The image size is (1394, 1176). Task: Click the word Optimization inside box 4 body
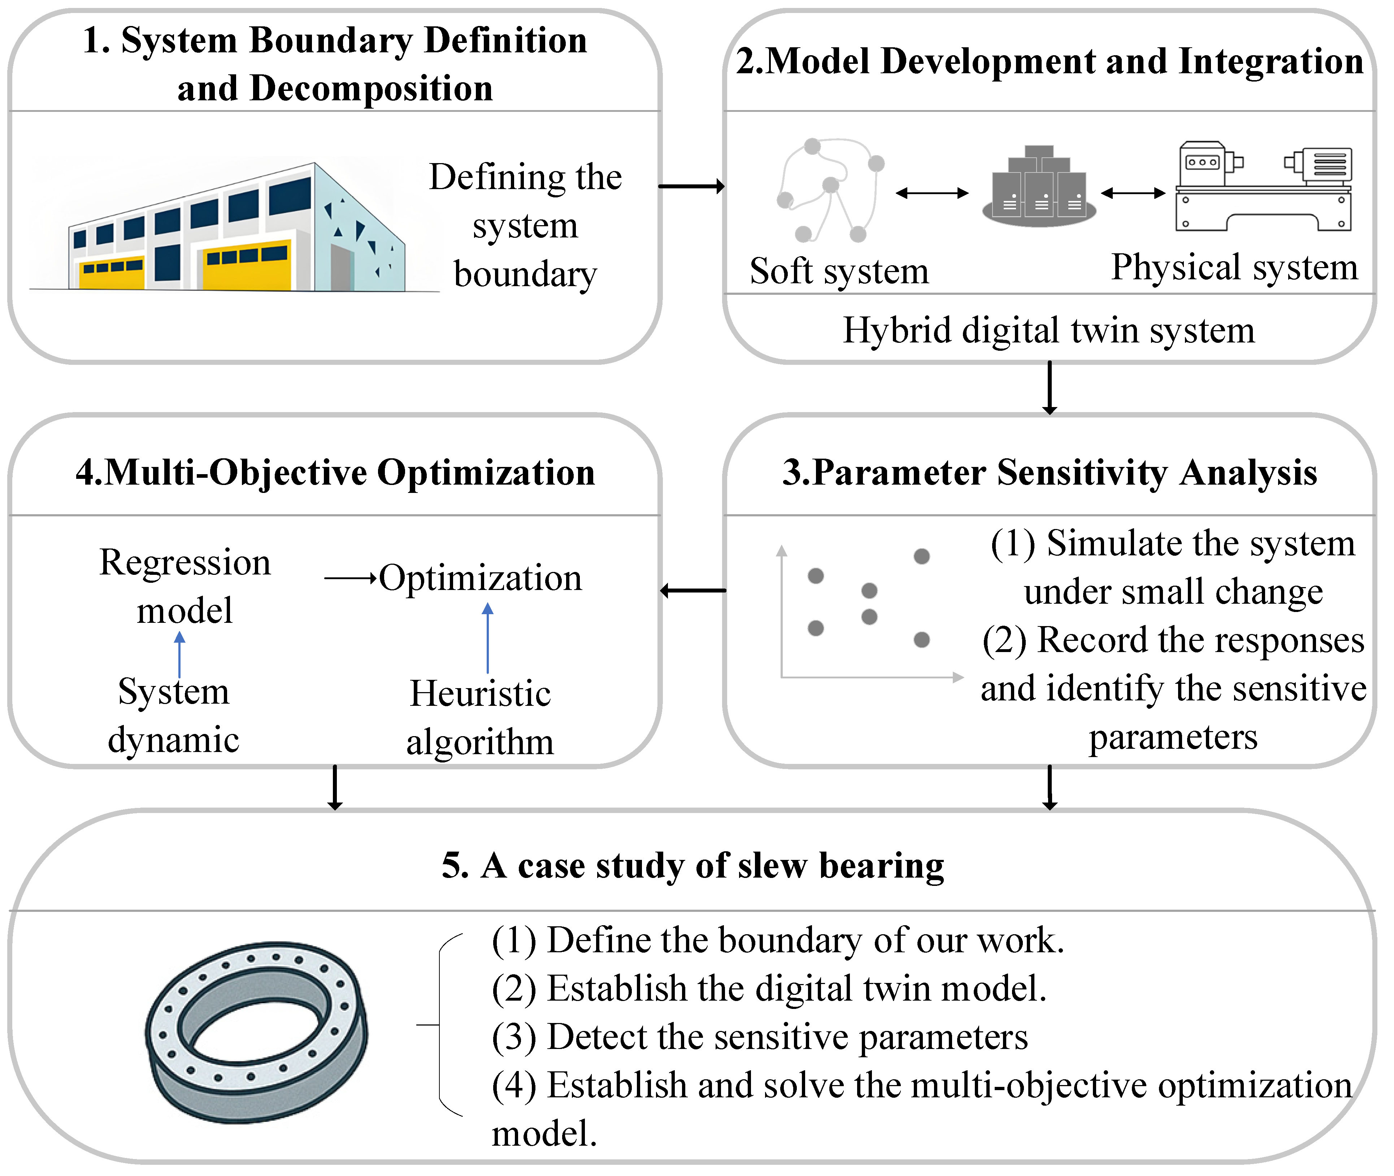point(480,578)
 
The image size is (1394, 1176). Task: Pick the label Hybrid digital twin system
point(1048,330)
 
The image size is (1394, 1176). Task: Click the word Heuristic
point(480,693)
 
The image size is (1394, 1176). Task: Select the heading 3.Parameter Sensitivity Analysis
point(1049,473)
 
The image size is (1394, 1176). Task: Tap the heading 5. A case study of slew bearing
point(692,865)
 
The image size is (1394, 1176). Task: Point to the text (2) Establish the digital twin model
point(768,989)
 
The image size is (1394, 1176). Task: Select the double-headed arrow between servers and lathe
point(1133,193)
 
